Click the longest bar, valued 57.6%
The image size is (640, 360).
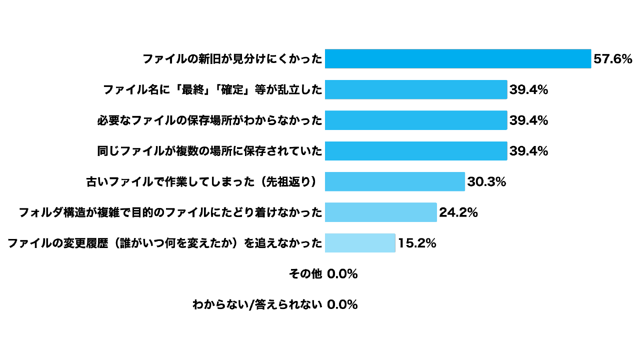pos(458,58)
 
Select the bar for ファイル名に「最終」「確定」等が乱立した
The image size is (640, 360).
pos(416,89)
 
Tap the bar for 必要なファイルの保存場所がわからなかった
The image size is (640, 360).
pos(416,120)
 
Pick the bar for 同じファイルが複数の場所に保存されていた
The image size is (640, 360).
pos(416,151)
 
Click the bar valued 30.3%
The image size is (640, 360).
pos(395,181)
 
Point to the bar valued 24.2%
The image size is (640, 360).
pos(381,212)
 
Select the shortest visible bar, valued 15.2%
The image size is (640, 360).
pos(360,243)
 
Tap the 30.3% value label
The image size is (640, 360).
pos(486,182)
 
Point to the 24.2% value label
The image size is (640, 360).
pos(458,212)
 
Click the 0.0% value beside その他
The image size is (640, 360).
pos(342,274)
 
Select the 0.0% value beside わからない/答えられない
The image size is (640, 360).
pos(342,304)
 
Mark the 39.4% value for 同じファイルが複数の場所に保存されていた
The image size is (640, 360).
pos(528,151)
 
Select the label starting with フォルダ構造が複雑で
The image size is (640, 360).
pos(170,212)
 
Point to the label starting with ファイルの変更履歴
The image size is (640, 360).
pos(164,243)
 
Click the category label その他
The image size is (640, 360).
pos(305,274)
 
